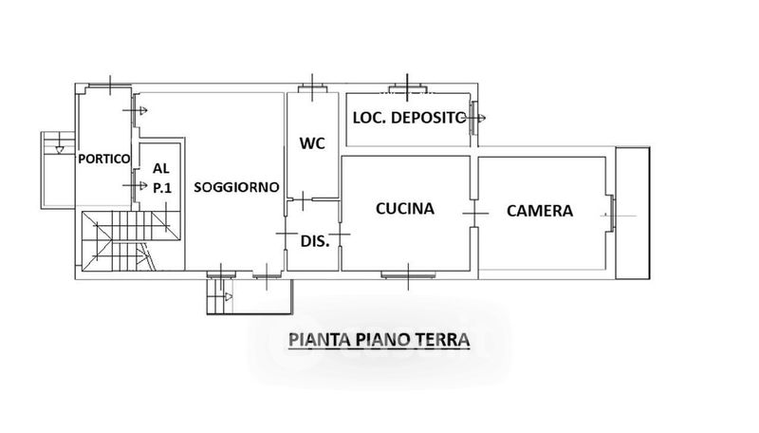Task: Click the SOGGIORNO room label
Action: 236,187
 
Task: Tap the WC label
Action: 312,143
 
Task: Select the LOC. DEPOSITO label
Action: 409,118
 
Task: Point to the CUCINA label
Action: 405,208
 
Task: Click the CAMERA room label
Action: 540,211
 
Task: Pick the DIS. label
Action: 315,241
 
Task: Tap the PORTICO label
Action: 104,159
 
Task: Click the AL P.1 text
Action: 161,178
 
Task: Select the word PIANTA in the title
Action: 320,340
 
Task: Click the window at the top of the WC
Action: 312,89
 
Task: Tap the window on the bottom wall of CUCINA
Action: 408,275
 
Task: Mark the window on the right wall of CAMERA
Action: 611,214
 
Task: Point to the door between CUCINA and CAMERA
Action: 474,213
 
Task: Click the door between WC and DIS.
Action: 303,199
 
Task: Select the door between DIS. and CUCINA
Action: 340,235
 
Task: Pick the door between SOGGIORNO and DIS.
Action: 286,234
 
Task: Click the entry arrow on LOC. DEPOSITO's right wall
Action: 476,118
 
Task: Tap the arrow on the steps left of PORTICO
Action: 59,150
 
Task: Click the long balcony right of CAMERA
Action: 633,213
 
